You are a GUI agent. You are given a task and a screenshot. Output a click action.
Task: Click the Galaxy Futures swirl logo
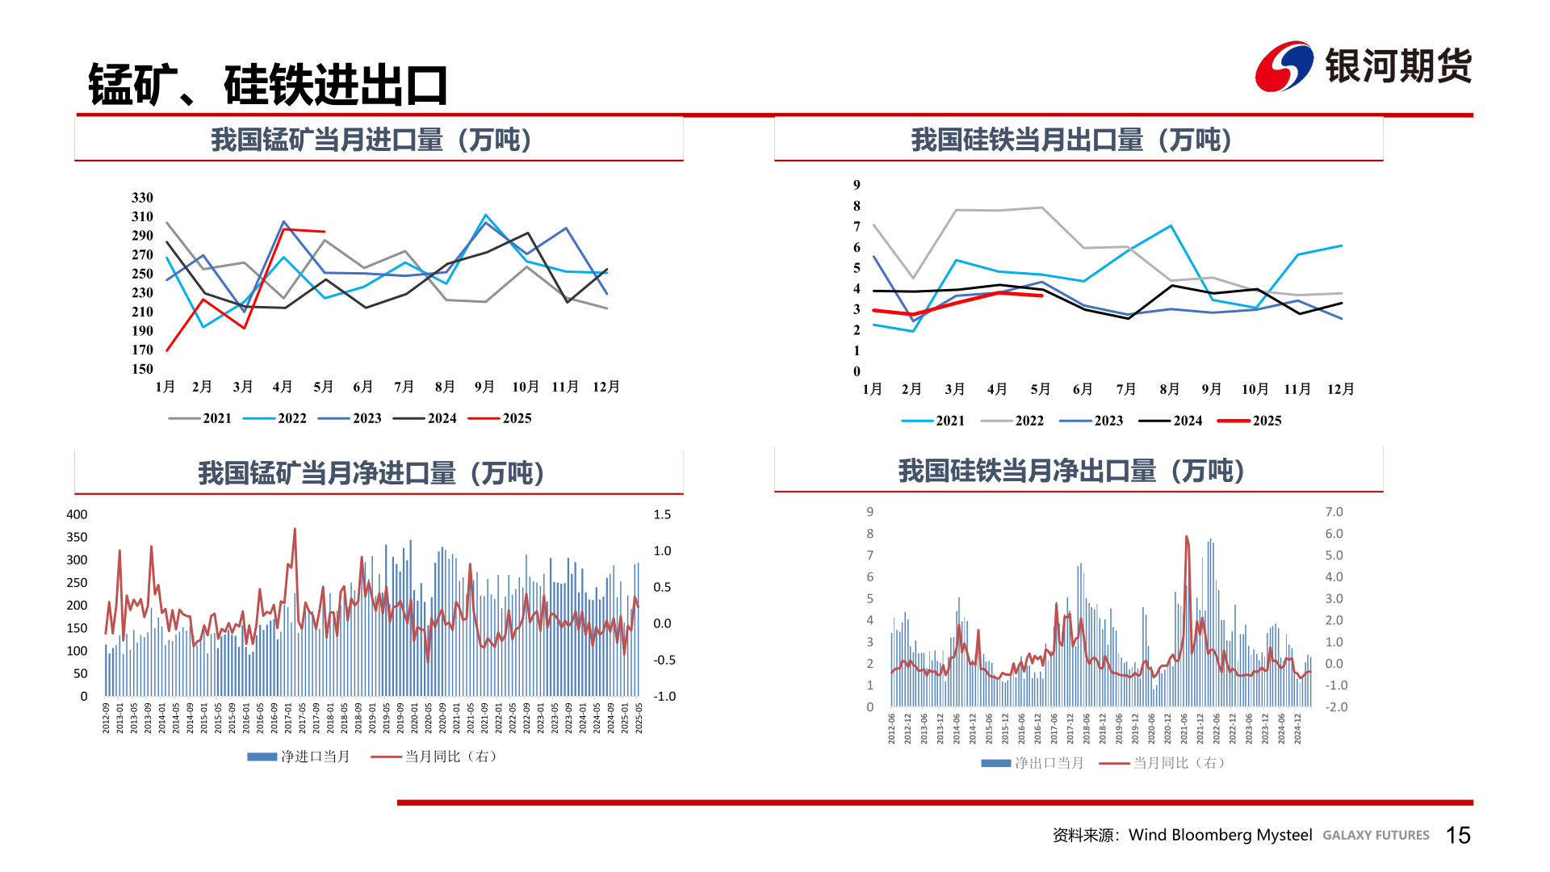point(1284,66)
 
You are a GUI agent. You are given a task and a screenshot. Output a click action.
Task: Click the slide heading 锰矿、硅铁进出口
point(268,85)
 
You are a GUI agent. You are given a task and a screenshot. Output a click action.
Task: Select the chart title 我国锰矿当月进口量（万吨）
point(371,140)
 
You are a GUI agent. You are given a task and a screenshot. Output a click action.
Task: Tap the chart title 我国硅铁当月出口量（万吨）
point(1071,140)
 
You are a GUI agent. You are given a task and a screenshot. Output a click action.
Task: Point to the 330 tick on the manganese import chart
point(142,198)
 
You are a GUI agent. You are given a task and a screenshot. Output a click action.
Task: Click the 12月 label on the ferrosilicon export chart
point(1340,389)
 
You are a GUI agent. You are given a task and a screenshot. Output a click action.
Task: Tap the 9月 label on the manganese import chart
point(484,387)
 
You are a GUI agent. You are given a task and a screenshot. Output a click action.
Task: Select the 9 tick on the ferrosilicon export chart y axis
point(857,185)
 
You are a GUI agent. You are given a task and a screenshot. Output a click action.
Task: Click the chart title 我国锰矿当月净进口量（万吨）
point(371,473)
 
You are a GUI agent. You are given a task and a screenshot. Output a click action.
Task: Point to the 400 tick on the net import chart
point(77,514)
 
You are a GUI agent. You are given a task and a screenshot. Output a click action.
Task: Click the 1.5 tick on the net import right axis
point(662,514)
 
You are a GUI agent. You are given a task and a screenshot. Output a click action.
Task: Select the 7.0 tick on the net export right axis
point(1334,512)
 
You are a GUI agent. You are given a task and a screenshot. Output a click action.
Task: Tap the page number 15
point(1458,835)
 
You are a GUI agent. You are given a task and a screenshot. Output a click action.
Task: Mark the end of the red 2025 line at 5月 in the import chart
point(324,232)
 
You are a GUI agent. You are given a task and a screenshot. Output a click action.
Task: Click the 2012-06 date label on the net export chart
point(892,728)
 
